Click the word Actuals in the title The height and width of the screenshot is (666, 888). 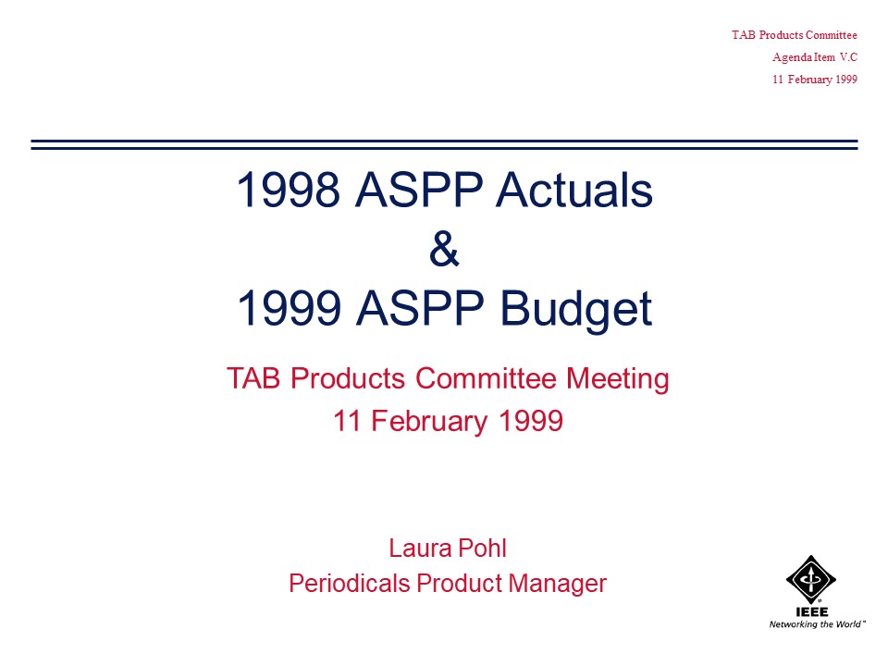click(574, 190)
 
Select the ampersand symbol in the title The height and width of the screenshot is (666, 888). click(444, 249)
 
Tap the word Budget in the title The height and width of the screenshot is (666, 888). click(576, 309)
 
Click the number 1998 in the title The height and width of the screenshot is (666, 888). click(289, 190)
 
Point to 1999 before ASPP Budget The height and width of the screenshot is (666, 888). click(289, 308)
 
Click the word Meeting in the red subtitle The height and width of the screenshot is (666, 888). click(617, 379)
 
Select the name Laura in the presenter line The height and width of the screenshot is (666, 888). click(420, 549)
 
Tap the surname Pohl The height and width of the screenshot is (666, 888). click(482, 549)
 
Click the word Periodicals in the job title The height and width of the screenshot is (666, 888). click(350, 584)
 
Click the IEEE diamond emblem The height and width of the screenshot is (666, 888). click(811, 579)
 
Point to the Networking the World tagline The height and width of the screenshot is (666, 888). click(817, 624)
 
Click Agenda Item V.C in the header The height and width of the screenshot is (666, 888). click(815, 57)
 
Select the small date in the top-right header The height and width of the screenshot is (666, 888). click(815, 80)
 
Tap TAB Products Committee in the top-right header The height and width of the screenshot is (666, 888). click(795, 35)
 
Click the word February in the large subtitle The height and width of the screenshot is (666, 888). click(429, 422)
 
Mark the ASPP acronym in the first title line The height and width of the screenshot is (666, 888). click(418, 190)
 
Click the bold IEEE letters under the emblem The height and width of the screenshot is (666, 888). click(811, 611)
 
